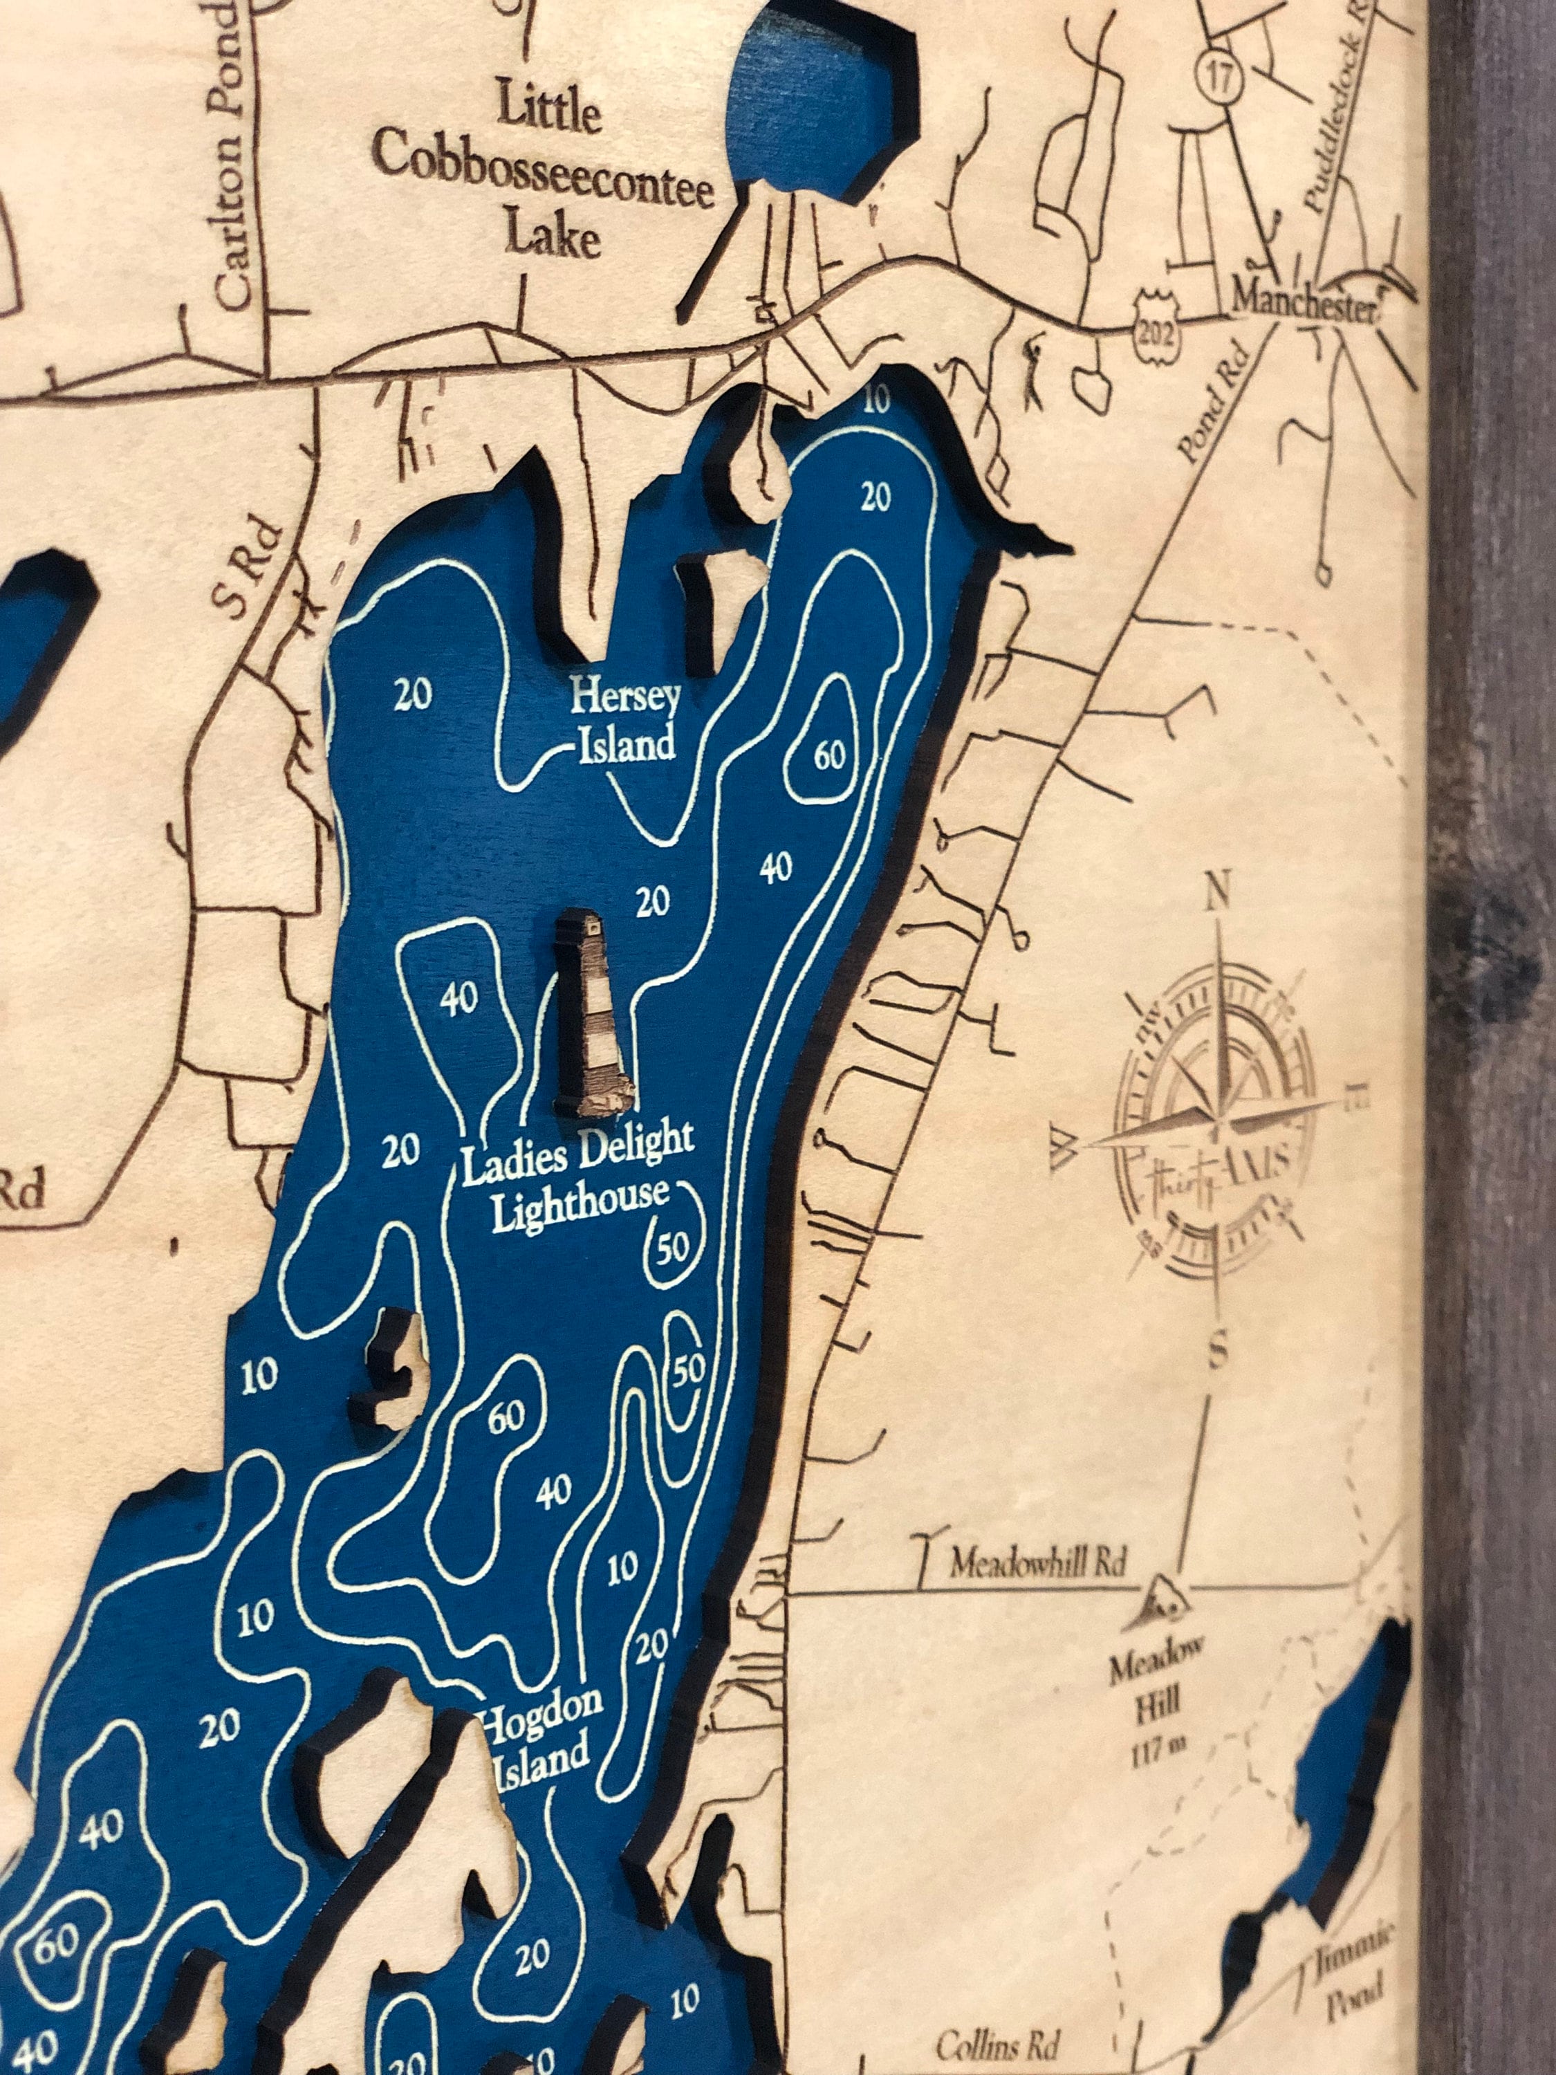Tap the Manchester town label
tap(1304, 302)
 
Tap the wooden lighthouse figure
tap(591, 1016)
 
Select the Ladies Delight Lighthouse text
tap(580, 1174)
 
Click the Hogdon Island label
tap(540, 1731)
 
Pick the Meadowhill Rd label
tap(1037, 1562)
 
